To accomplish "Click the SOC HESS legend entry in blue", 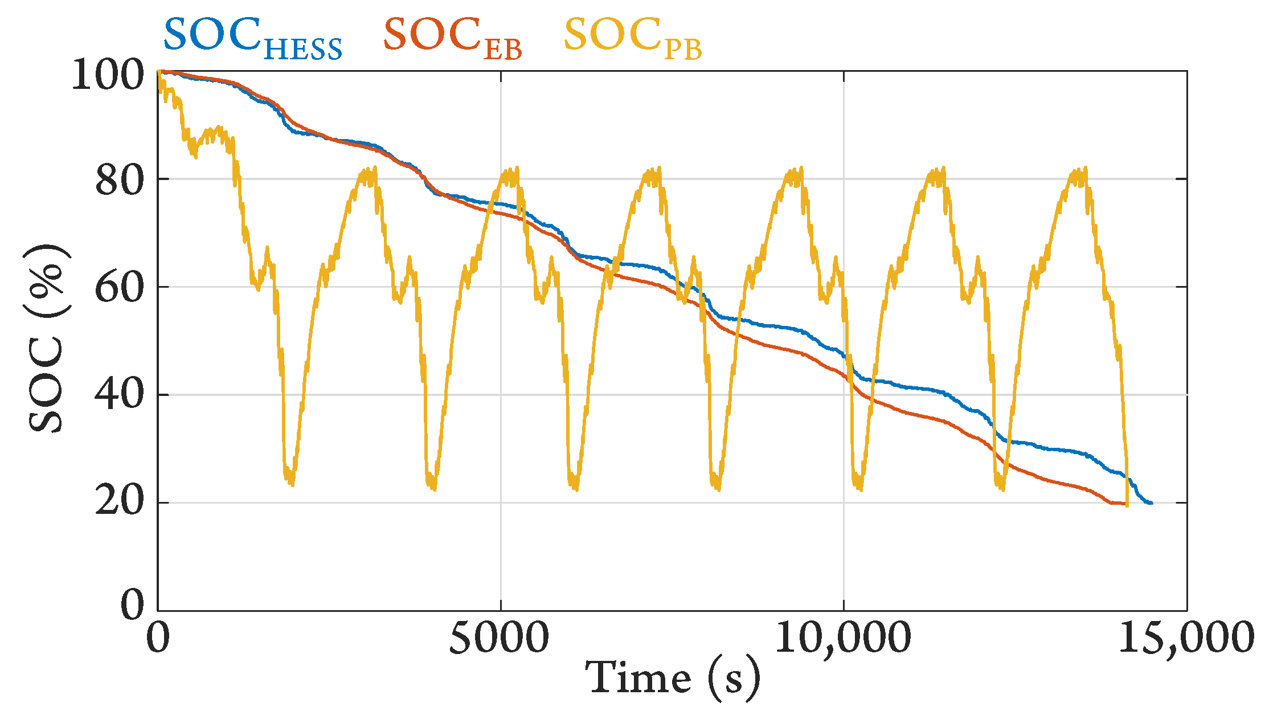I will (x=253, y=38).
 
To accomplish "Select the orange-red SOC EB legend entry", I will (x=452, y=38).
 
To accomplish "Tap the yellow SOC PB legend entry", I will (x=632, y=38).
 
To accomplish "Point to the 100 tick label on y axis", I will (x=108, y=75).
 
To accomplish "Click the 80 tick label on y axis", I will (x=119, y=182).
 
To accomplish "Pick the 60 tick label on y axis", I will (x=119, y=289).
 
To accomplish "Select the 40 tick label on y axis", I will (x=119, y=396).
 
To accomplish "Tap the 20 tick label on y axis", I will (x=119, y=503).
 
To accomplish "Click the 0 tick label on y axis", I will (x=133, y=606).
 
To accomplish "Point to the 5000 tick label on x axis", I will (x=500, y=638).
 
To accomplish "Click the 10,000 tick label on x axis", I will (x=843, y=638).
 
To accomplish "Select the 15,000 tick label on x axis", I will (x=1186, y=638).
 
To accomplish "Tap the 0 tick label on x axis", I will (x=158, y=638).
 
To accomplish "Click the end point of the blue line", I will (x=1151, y=503).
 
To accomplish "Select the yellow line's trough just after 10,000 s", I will (x=859, y=488).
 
